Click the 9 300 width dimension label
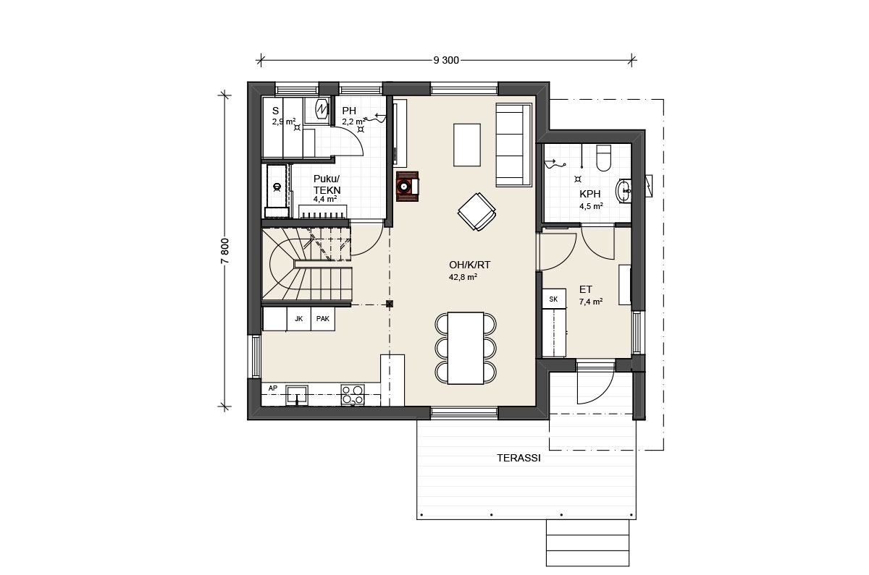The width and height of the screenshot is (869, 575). click(446, 61)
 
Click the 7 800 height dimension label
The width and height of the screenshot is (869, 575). click(225, 251)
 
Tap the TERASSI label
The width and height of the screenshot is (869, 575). click(519, 458)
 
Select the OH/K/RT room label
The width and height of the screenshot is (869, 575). click(469, 265)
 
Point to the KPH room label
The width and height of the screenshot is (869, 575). click(590, 194)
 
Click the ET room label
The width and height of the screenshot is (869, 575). click(586, 289)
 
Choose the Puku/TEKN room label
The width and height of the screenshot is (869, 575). click(327, 184)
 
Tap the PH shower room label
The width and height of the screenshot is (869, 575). click(349, 111)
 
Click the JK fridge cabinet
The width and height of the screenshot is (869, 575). click(298, 319)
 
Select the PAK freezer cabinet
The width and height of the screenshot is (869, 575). click(323, 319)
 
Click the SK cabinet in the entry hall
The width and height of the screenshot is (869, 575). click(553, 299)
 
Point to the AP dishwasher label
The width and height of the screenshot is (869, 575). click(273, 388)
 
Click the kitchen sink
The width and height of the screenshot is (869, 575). click(297, 395)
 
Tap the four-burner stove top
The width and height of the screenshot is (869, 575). click(353, 395)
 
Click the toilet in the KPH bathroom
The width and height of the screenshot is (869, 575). click(603, 158)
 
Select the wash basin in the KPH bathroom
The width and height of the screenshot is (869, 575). click(623, 191)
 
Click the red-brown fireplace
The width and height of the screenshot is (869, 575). click(407, 187)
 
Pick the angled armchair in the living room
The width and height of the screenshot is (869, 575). click(477, 212)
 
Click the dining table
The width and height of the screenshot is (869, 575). click(466, 349)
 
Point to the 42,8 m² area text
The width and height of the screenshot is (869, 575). click(463, 277)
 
